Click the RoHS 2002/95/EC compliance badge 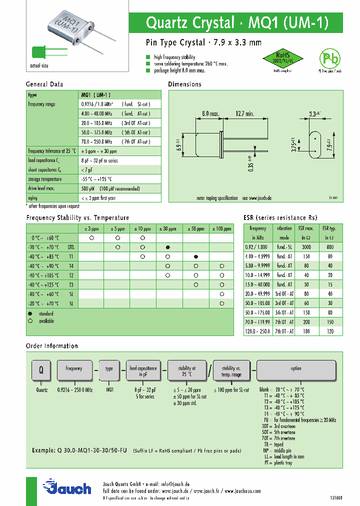[x=281, y=59]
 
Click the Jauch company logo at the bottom [x=67, y=487]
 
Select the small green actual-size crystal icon [x=38, y=52]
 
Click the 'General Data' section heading [x=44, y=84]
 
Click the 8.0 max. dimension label [x=210, y=114]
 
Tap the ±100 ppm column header [x=220, y=228]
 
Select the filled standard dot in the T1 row [x=196, y=256]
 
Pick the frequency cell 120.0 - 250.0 [x=258, y=331]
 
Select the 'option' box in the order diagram [x=296, y=368]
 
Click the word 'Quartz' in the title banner [x=165, y=23]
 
